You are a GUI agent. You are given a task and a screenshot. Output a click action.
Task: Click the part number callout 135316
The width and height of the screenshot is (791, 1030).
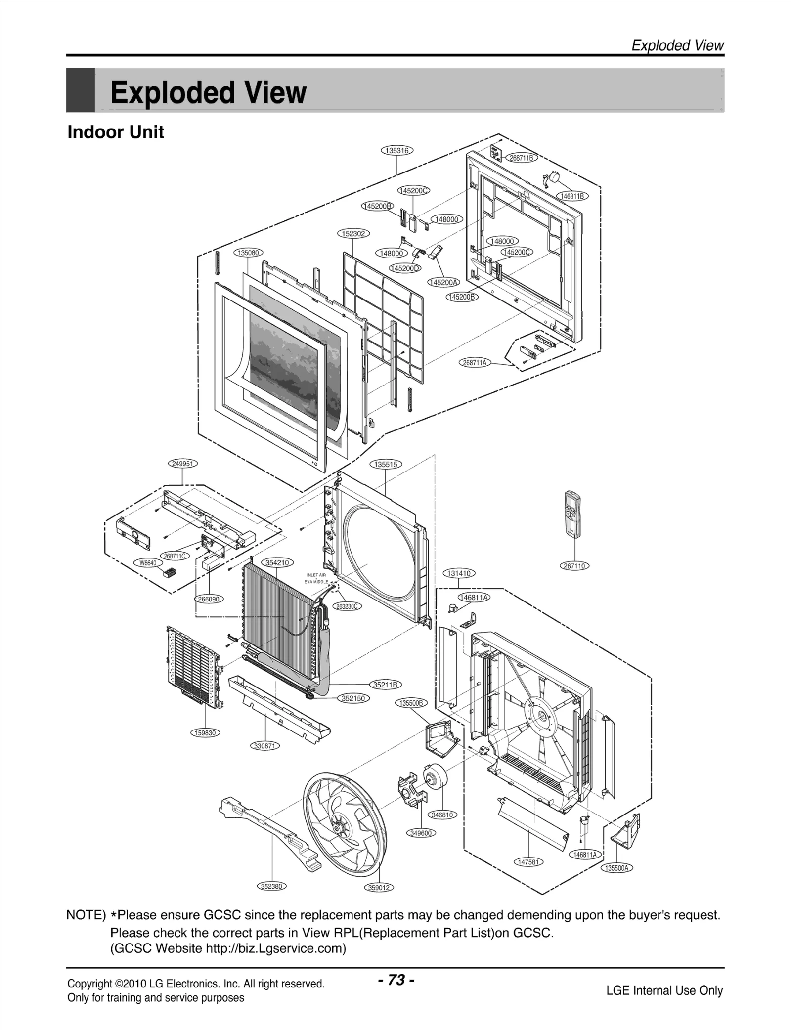click(x=396, y=150)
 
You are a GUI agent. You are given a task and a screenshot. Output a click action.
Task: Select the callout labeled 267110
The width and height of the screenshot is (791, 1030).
click(x=575, y=566)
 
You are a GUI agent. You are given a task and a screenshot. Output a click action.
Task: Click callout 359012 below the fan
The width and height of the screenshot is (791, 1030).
click(x=379, y=888)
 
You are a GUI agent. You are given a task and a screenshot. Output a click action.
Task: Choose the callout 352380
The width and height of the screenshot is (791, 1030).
click(x=271, y=886)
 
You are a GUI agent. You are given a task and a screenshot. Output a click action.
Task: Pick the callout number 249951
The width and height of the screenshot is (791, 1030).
click(x=182, y=464)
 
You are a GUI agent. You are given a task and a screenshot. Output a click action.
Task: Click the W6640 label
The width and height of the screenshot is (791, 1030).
click(x=148, y=563)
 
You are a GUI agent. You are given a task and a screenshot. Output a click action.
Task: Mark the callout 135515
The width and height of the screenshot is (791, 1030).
click(x=386, y=464)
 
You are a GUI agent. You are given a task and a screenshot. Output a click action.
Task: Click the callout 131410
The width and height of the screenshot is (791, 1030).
click(x=459, y=573)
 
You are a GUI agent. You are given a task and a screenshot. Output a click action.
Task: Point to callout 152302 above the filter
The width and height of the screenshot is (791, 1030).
click(x=353, y=233)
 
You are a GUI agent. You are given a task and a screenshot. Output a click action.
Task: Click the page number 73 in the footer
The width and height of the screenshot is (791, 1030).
click(x=396, y=980)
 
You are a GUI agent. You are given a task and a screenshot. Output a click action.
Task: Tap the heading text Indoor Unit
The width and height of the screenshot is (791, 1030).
click(x=116, y=132)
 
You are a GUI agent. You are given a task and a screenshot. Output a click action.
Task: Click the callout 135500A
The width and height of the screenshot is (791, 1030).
click(x=617, y=868)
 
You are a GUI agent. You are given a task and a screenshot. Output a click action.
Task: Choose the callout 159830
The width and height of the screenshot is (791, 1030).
click(x=205, y=733)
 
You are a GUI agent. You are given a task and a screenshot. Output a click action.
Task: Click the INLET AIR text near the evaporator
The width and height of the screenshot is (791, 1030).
click(x=316, y=575)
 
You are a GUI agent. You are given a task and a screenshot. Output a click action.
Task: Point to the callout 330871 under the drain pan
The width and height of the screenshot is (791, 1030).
click(x=265, y=746)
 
